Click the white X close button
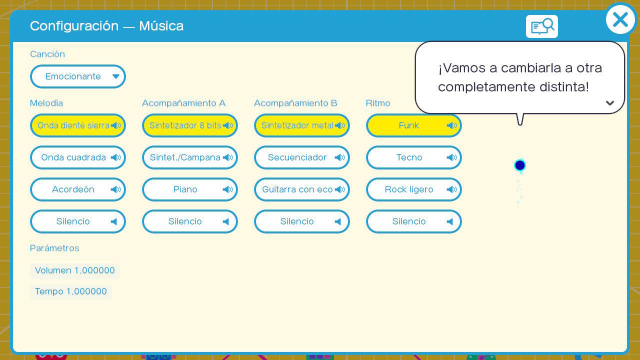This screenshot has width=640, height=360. click(620, 19)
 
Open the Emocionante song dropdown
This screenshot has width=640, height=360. click(77, 76)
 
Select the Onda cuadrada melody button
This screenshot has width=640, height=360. click(77, 157)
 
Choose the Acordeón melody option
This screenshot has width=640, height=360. click(77, 189)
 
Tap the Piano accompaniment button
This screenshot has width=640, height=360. click(189, 189)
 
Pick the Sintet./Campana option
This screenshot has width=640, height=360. click(189, 157)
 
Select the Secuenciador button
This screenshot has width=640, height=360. click(301, 157)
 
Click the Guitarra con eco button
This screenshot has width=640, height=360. click(301, 189)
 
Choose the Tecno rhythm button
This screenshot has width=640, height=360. click(413, 157)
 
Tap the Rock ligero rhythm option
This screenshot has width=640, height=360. click(413, 189)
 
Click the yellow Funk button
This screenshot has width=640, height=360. click(413, 125)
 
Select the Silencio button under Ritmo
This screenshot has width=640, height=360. click(413, 221)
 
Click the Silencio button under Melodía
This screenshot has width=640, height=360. click(77, 221)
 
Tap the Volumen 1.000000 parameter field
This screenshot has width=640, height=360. click(75, 270)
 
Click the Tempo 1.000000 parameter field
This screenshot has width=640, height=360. click(71, 291)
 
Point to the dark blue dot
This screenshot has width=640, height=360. click(519, 165)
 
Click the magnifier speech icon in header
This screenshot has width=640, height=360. click(541, 26)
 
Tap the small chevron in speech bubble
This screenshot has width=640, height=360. click(609, 103)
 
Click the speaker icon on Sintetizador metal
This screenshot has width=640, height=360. click(339, 125)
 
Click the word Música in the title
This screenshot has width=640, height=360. click(161, 26)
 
